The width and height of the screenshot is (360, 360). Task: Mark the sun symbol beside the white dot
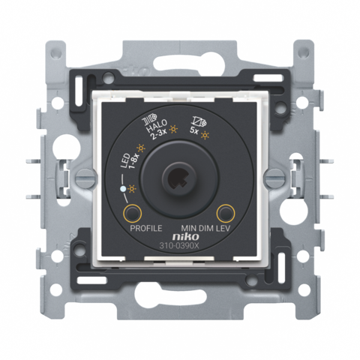pos(130,192)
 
